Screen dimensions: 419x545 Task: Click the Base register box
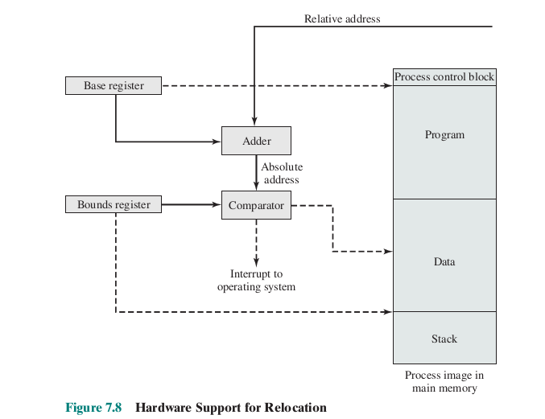click(113, 85)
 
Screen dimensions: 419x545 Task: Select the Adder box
click(256, 141)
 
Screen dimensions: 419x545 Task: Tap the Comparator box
click(256, 205)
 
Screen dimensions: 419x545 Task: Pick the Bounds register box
click(114, 204)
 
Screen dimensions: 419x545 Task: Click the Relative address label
click(342, 18)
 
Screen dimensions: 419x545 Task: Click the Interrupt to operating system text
click(256, 281)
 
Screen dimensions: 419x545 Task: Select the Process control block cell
click(444, 77)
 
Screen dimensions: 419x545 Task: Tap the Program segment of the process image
click(444, 134)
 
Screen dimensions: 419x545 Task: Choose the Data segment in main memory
click(444, 261)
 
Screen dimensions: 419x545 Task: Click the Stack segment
click(444, 339)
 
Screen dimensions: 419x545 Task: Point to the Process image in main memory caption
click(444, 382)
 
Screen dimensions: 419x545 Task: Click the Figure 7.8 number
click(93, 408)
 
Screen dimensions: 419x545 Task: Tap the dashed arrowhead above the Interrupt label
click(256, 262)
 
